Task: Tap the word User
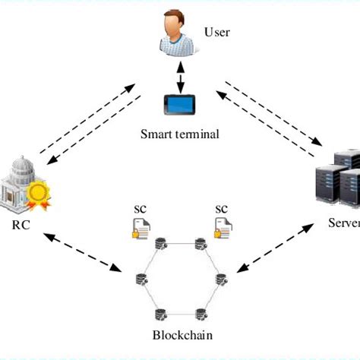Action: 216,32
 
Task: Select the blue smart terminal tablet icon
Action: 180,106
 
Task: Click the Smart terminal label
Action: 179,134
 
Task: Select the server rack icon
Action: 336,179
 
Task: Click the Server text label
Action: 343,223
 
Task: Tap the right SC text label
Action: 222,208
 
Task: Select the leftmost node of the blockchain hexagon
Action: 141,277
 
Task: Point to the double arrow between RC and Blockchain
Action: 84,254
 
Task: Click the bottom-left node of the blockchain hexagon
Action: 160,312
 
